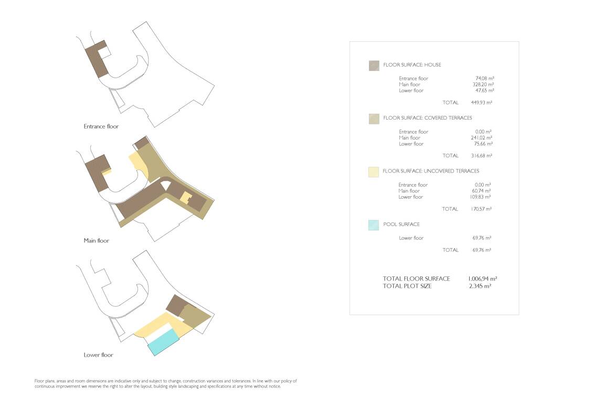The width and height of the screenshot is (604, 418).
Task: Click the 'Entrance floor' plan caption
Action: click(101, 126)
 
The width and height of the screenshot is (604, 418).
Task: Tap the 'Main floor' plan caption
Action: click(97, 241)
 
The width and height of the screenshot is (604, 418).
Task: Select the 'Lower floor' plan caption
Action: click(98, 355)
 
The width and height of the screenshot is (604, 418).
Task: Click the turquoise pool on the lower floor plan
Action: click(164, 342)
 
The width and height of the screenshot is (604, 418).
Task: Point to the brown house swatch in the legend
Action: click(374, 66)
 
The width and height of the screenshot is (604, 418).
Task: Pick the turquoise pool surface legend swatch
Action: click(374, 225)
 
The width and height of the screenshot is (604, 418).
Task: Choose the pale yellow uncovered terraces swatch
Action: click(374, 172)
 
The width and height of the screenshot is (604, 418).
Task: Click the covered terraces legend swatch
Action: click(374, 119)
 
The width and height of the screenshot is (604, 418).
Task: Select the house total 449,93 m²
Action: click(482, 102)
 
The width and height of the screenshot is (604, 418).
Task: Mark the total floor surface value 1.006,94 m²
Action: click(482, 278)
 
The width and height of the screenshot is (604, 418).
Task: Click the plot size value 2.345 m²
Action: click(480, 286)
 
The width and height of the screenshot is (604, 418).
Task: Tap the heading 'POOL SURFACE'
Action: click(401, 224)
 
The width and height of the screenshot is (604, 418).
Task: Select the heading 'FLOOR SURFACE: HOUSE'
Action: click(412, 65)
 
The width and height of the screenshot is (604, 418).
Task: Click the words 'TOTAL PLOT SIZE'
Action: click(407, 286)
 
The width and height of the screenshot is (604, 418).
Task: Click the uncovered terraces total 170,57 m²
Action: click(481, 209)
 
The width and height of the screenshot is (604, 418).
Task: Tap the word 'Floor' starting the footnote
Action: click(39, 381)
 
